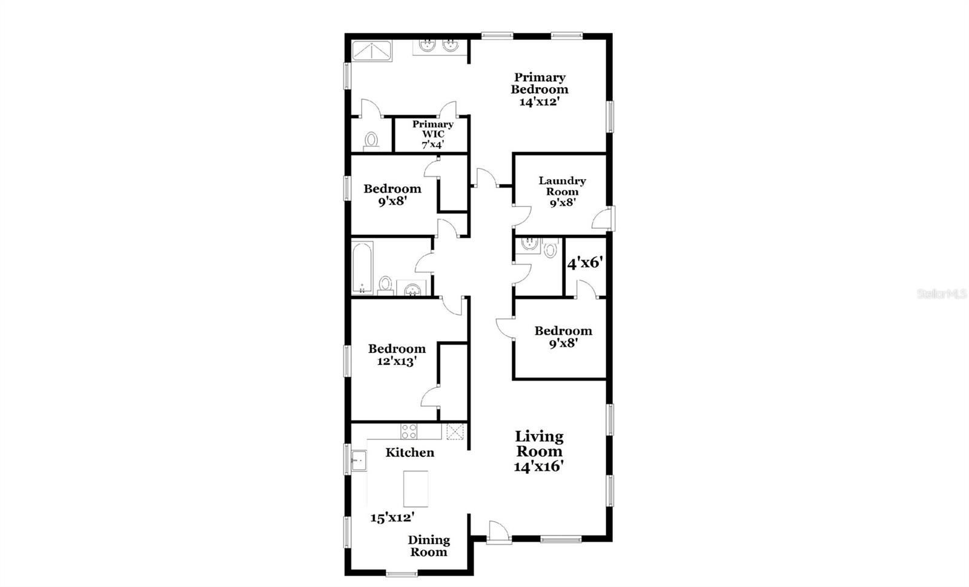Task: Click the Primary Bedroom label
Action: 540,84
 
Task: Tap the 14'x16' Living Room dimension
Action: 538,466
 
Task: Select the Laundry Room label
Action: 562,186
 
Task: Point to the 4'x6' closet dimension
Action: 585,263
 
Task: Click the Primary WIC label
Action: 432,129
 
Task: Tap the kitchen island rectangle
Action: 415,488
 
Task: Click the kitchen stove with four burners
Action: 409,431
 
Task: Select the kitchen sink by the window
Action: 359,461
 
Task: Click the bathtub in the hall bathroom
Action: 362,267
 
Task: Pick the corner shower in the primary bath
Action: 372,51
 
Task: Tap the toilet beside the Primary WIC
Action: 371,142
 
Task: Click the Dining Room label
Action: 429,546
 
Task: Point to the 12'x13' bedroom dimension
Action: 396,361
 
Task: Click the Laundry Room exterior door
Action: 603,218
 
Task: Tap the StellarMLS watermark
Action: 942,294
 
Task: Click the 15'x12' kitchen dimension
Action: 392,517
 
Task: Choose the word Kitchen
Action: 409,453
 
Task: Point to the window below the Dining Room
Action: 402,574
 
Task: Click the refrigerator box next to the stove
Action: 455,431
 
